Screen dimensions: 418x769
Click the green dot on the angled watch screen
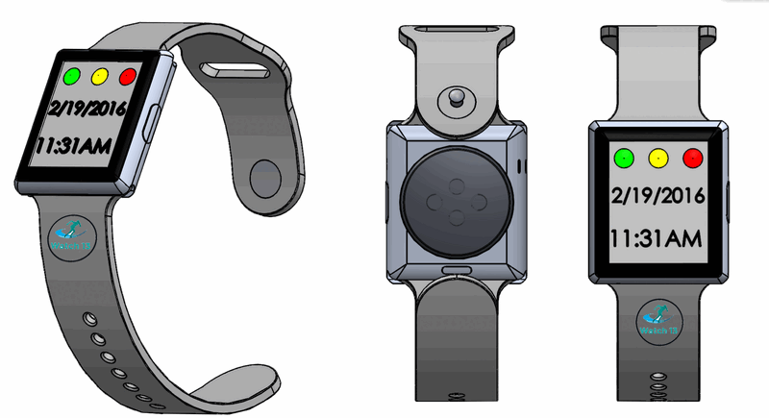71,75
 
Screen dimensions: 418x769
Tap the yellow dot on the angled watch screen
99,75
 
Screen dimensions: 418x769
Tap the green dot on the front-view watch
623,157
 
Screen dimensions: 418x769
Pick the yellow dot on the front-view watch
657,157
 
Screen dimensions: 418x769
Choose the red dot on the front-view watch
692,157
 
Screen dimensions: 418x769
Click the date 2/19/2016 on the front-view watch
658,196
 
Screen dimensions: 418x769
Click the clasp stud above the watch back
455,99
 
